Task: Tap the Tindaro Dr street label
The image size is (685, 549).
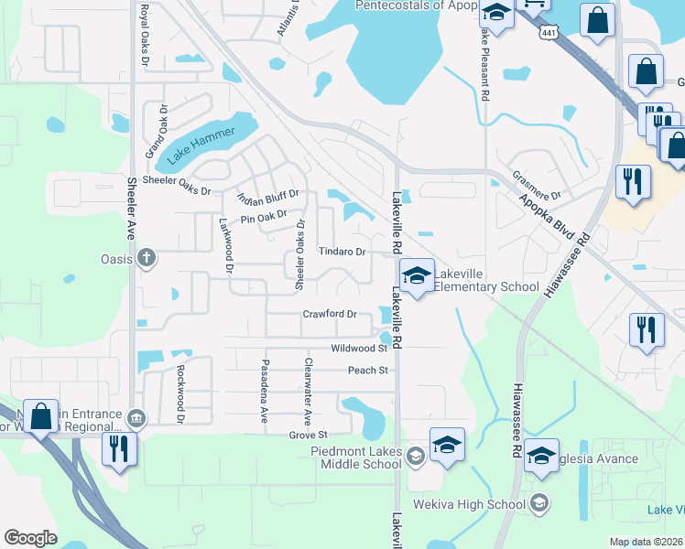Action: [x=342, y=252]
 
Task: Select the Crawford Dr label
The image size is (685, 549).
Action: [x=330, y=314]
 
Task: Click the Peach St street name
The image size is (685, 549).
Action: [x=368, y=371]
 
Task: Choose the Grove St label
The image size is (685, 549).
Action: [x=308, y=435]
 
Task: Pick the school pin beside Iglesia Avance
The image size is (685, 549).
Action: [x=541, y=456]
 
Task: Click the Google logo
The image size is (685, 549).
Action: [x=30, y=538]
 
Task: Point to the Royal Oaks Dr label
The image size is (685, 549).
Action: [x=144, y=34]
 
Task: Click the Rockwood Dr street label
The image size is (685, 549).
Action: [x=181, y=393]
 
